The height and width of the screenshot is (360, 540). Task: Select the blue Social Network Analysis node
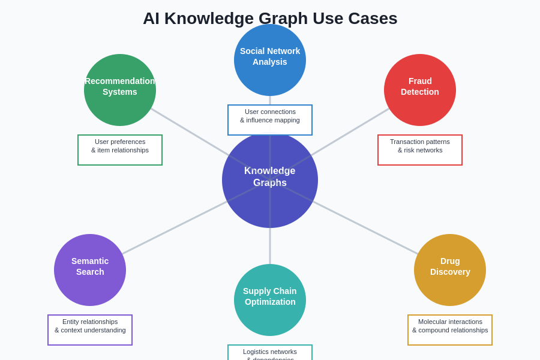coord(270,60)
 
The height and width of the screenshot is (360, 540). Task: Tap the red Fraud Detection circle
coord(420,90)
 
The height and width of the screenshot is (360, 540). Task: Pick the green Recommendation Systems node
coord(120,90)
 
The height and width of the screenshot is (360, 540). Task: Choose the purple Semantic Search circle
coord(90,270)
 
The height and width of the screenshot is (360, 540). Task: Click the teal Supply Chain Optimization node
coord(270,300)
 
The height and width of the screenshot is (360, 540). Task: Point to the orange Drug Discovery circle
coord(450,270)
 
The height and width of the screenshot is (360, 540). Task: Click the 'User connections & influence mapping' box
coord(270,120)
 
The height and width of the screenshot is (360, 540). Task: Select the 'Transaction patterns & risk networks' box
coord(420,150)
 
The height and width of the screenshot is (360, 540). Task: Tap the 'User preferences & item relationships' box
coord(120,150)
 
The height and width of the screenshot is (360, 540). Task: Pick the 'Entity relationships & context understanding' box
coord(90,330)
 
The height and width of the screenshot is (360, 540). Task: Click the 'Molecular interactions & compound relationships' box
coord(450,330)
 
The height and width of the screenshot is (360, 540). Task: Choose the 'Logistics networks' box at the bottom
coord(270,353)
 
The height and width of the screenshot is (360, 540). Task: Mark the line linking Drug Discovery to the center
coord(366,228)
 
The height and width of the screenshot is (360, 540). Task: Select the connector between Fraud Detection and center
coord(354,130)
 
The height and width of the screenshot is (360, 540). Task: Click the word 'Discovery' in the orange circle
coord(450,272)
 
